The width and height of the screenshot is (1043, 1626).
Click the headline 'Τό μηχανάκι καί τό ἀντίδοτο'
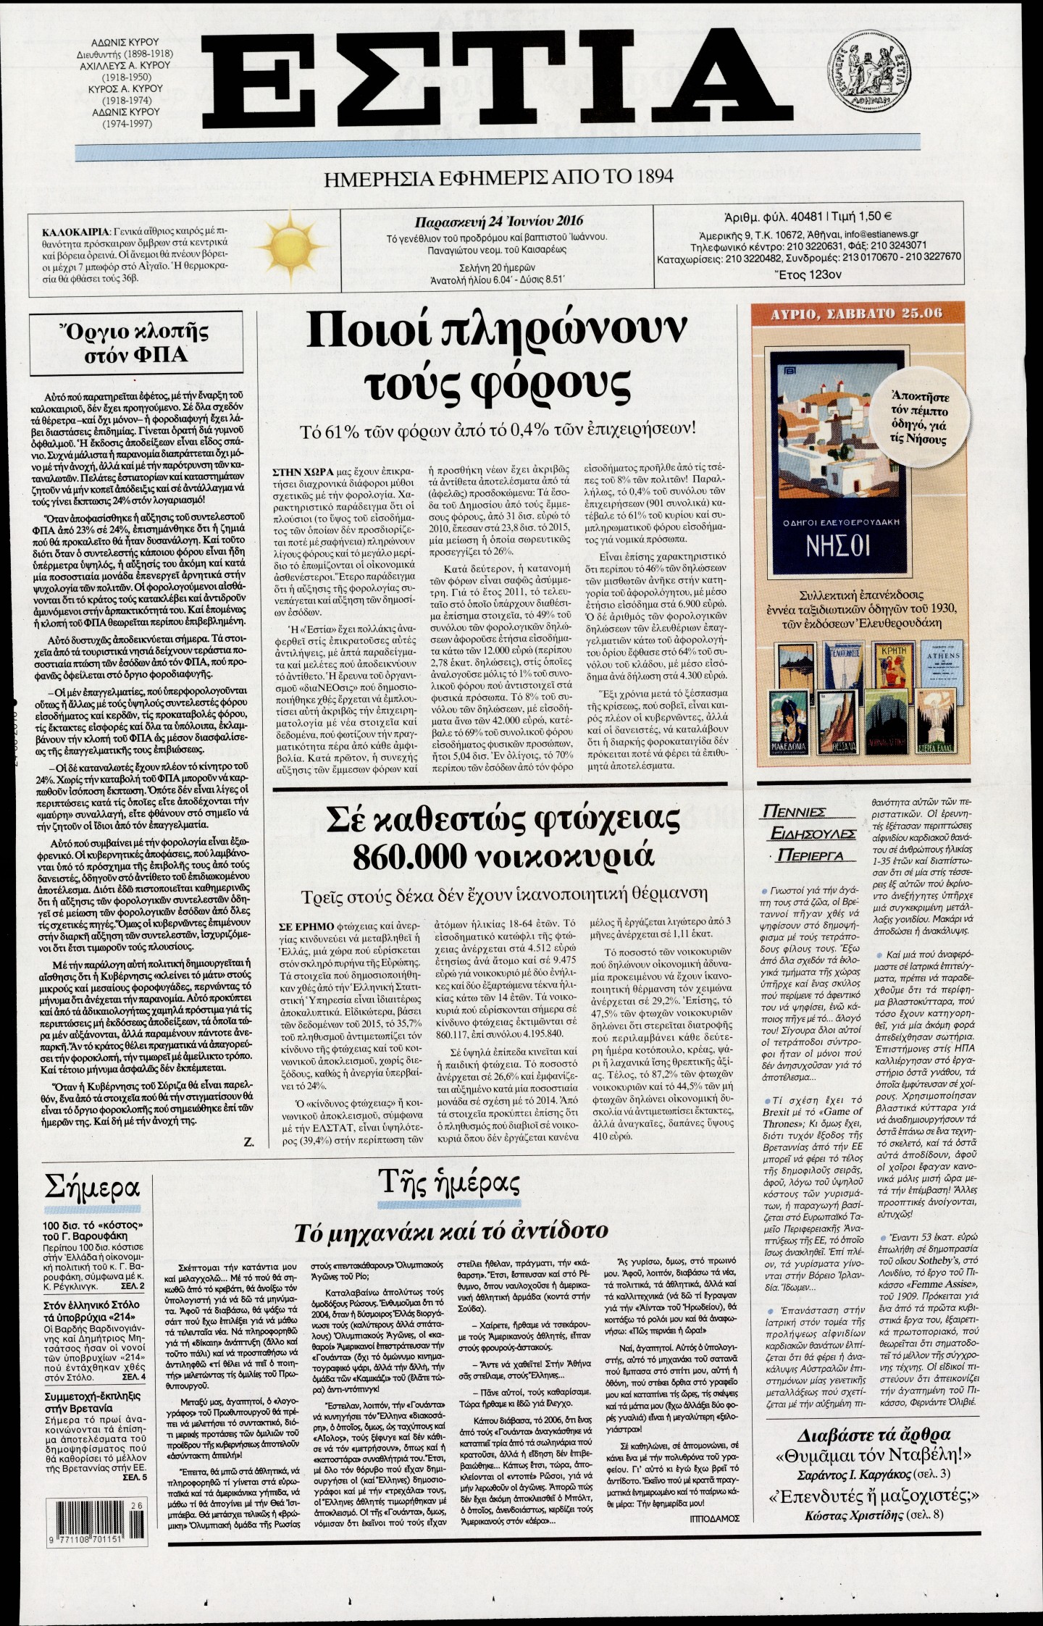point(451,1230)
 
